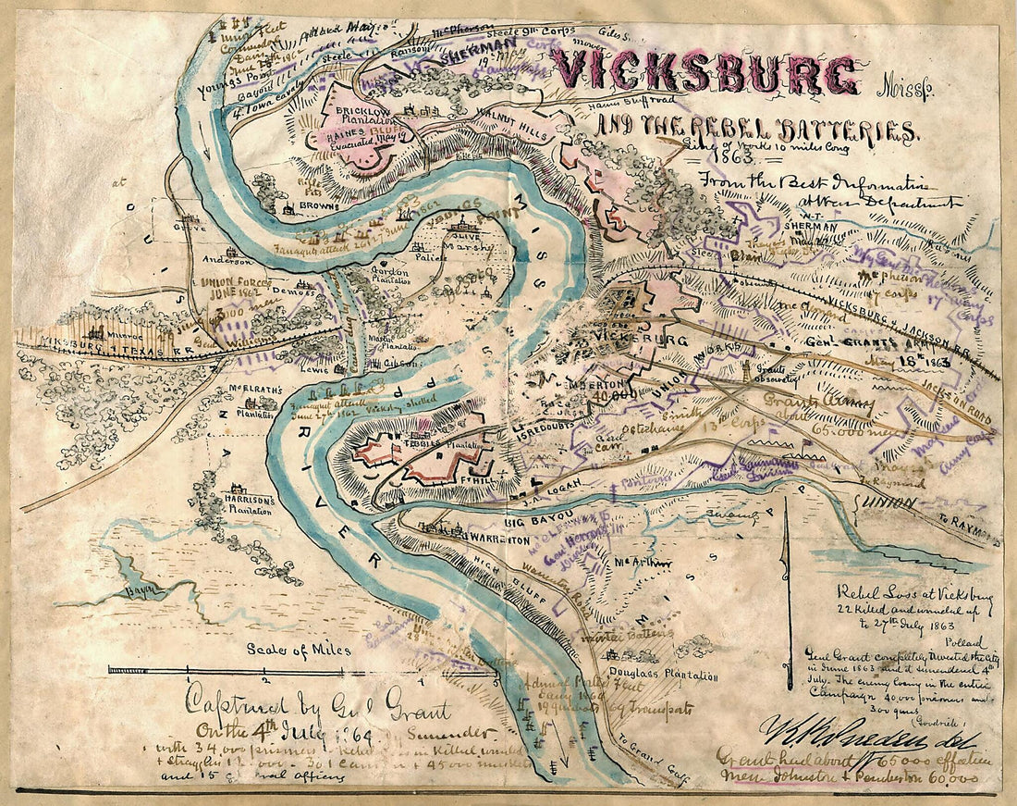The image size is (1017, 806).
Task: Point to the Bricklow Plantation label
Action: pos(363,115)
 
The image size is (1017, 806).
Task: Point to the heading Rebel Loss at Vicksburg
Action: pos(914,594)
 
